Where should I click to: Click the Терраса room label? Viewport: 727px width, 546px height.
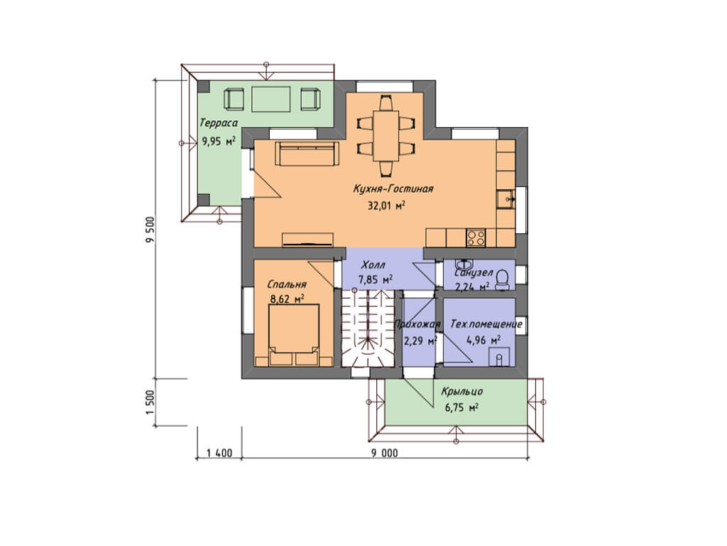pyautogui.click(x=219, y=123)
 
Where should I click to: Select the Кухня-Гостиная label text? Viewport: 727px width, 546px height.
pyautogui.click(x=393, y=188)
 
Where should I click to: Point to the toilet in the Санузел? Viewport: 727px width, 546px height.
pyautogui.click(x=502, y=279)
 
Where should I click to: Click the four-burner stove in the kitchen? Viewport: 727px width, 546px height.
pyautogui.click(x=476, y=237)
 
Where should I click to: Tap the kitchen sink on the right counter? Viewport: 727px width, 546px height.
pyautogui.click(x=505, y=200)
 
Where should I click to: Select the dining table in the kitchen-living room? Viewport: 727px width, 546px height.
pyautogui.click(x=386, y=135)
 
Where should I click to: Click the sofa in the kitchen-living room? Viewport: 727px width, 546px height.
pyautogui.click(x=307, y=154)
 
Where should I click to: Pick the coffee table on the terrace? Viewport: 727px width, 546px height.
pyautogui.click(x=271, y=98)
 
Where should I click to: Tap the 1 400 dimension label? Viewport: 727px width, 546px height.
pyautogui.click(x=219, y=453)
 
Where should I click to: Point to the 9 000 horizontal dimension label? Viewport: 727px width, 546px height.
pyautogui.click(x=384, y=453)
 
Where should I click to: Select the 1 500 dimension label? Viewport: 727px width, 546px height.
pyautogui.click(x=149, y=402)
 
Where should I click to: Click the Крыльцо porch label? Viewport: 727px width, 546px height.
pyautogui.click(x=461, y=391)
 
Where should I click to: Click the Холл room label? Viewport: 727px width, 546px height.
pyautogui.click(x=373, y=265)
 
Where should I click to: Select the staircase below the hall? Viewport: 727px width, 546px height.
pyautogui.click(x=368, y=328)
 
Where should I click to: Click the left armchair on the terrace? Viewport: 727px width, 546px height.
pyautogui.click(x=234, y=98)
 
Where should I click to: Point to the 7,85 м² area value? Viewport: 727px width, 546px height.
pyautogui.click(x=376, y=279)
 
